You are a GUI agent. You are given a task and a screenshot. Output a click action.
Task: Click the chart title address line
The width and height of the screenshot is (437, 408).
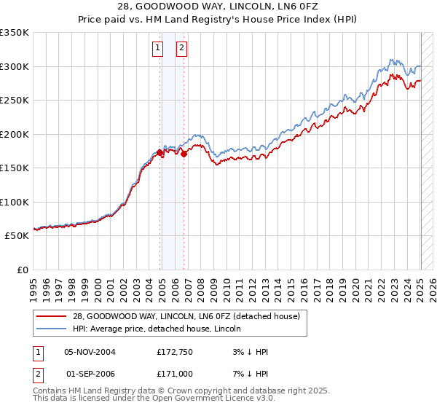click(218, 7)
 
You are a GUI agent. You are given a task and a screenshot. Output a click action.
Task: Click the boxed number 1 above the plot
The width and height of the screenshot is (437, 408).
click(157, 49)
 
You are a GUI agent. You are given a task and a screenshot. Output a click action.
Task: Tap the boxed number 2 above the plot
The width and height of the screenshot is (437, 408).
click(181, 49)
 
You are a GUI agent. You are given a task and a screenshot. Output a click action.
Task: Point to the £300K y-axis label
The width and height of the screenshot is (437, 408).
click(15, 66)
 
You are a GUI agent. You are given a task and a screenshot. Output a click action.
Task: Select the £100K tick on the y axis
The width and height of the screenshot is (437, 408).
click(15, 202)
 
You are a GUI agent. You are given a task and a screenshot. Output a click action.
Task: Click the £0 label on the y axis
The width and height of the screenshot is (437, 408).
click(22, 270)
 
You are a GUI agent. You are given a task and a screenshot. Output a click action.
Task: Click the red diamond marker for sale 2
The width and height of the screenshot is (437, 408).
click(184, 154)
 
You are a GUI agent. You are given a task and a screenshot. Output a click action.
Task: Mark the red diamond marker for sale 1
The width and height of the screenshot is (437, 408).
click(160, 152)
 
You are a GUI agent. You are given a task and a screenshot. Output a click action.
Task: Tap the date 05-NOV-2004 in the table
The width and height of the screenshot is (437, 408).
click(90, 352)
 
